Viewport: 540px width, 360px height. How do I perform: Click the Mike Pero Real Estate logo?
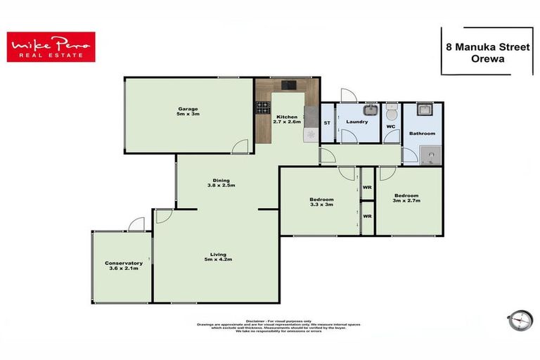pos(51,46)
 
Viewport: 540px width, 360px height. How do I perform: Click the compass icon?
pos(520,320)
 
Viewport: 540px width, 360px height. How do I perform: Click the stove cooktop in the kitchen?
pos(263,108)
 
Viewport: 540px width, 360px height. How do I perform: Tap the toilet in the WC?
pos(392,112)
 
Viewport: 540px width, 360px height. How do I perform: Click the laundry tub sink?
pos(370,110)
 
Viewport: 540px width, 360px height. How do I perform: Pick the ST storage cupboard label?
pos(326,123)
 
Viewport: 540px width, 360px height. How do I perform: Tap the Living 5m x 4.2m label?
pos(217,258)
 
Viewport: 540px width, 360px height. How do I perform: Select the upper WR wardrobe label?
pos(367,187)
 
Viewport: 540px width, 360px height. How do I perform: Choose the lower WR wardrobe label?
pos(367,216)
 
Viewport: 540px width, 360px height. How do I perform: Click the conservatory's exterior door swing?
pos(136,224)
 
